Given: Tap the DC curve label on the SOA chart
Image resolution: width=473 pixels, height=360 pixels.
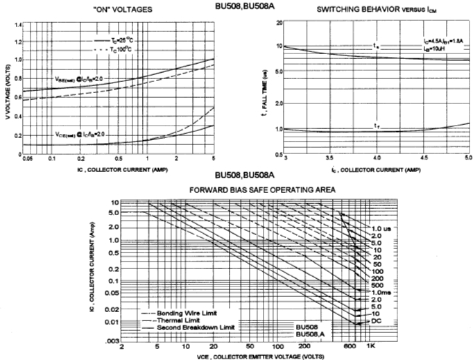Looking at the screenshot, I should [376, 322].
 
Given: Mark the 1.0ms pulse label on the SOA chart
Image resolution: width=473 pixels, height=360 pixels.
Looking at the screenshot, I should [379, 292].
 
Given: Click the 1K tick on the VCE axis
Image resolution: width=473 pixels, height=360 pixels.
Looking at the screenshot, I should [371, 345].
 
